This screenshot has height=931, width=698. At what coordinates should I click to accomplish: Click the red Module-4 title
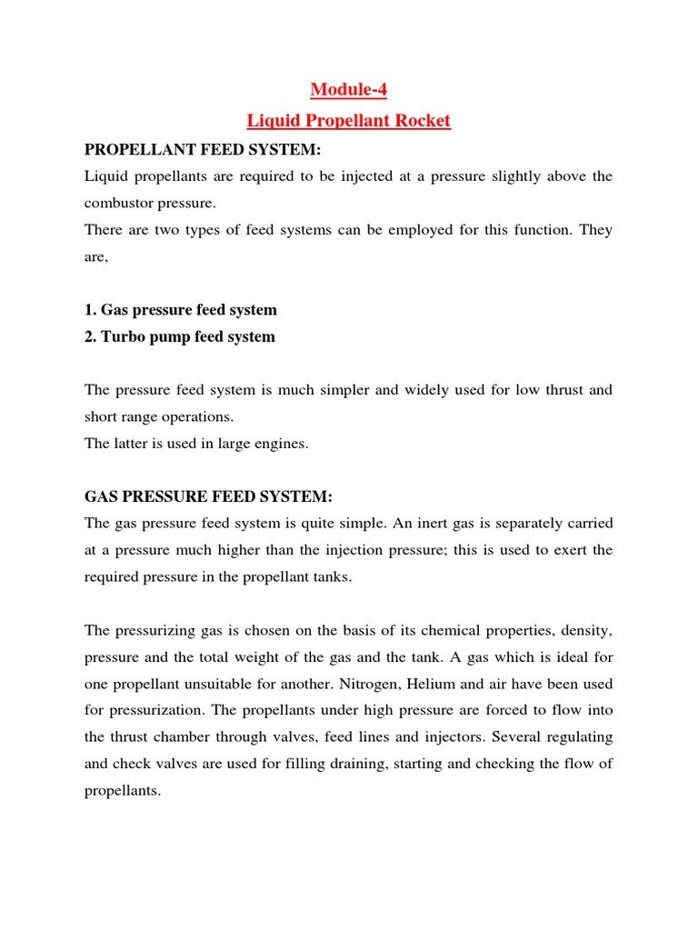pos(348,89)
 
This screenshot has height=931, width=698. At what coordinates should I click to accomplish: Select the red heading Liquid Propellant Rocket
pos(349,120)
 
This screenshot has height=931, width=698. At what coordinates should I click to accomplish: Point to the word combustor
pos(122,203)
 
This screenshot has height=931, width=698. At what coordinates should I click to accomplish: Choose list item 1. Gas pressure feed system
pos(180,309)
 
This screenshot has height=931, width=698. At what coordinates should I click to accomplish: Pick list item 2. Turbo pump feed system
pos(179,336)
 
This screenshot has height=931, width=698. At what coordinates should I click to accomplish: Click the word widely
pos(424,390)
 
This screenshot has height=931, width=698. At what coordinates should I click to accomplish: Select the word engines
pos(284,444)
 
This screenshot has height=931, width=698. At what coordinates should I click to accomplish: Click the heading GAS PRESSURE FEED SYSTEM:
pos(209,496)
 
